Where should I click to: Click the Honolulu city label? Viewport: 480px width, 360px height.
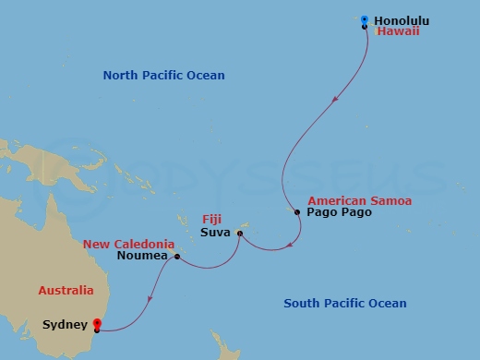403,20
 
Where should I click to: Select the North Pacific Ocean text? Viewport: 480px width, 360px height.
163,76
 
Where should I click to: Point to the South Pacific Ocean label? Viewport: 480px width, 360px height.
344,304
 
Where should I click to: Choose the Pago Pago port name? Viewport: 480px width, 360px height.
339,212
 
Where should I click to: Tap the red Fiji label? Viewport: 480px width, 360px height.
212,220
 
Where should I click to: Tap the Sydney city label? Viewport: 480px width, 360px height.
65,324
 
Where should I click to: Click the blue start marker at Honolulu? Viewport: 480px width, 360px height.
365,19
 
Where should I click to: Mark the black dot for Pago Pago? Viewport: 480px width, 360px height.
297,212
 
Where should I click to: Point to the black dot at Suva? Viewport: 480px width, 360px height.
239,233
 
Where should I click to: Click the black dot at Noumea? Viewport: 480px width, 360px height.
175,257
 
